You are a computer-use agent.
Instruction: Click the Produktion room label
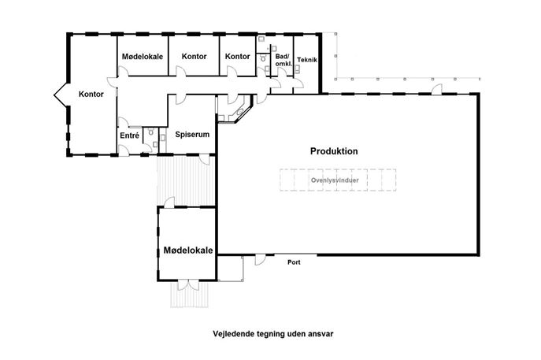pyautogui.click(x=334, y=151)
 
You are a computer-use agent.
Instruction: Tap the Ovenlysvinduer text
pyautogui.click(x=335, y=180)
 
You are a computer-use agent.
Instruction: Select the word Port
pyautogui.click(x=294, y=262)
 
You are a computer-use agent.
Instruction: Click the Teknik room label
pyautogui.click(x=307, y=60)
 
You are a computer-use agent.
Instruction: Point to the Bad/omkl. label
pyautogui.click(x=283, y=60)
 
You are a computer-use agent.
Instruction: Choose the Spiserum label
pyautogui.click(x=192, y=134)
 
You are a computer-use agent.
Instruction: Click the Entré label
pyautogui.click(x=130, y=135)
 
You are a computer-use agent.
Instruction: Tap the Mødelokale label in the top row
pyautogui.click(x=143, y=56)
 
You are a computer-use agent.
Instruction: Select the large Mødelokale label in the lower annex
pyautogui.click(x=188, y=251)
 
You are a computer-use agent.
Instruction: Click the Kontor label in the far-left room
pyautogui.click(x=91, y=94)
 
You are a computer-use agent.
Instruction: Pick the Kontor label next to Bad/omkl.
pyautogui.click(x=237, y=56)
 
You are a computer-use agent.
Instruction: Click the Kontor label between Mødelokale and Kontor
pyautogui.click(x=194, y=56)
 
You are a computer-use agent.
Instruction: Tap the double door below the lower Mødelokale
pyautogui.click(x=188, y=284)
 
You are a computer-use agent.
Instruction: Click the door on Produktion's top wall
pyautogui.click(x=437, y=89)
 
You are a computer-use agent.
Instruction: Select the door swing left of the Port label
pyautogui.click(x=260, y=260)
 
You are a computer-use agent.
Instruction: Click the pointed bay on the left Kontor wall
pyautogui.click(x=61, y=95)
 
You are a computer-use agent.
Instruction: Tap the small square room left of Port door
pyautogui.click(x=231, y=268)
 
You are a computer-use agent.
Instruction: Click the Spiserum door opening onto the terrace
pyautogui.click(x=205, y=159)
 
